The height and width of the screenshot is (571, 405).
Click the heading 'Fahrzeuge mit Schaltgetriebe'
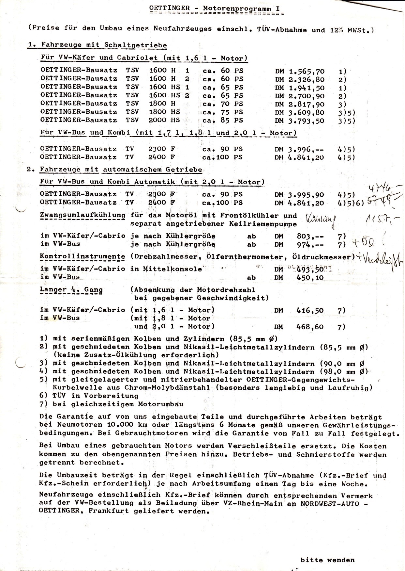(x=103, y=45)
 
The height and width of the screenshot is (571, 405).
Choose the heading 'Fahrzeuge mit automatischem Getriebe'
(x=121, y=170)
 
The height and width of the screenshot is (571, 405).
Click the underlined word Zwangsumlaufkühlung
(x=82, y=215)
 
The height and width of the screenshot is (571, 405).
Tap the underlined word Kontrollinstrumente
(x=82, y=257)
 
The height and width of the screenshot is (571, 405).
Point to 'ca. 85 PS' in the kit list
(x=223, y=121)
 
